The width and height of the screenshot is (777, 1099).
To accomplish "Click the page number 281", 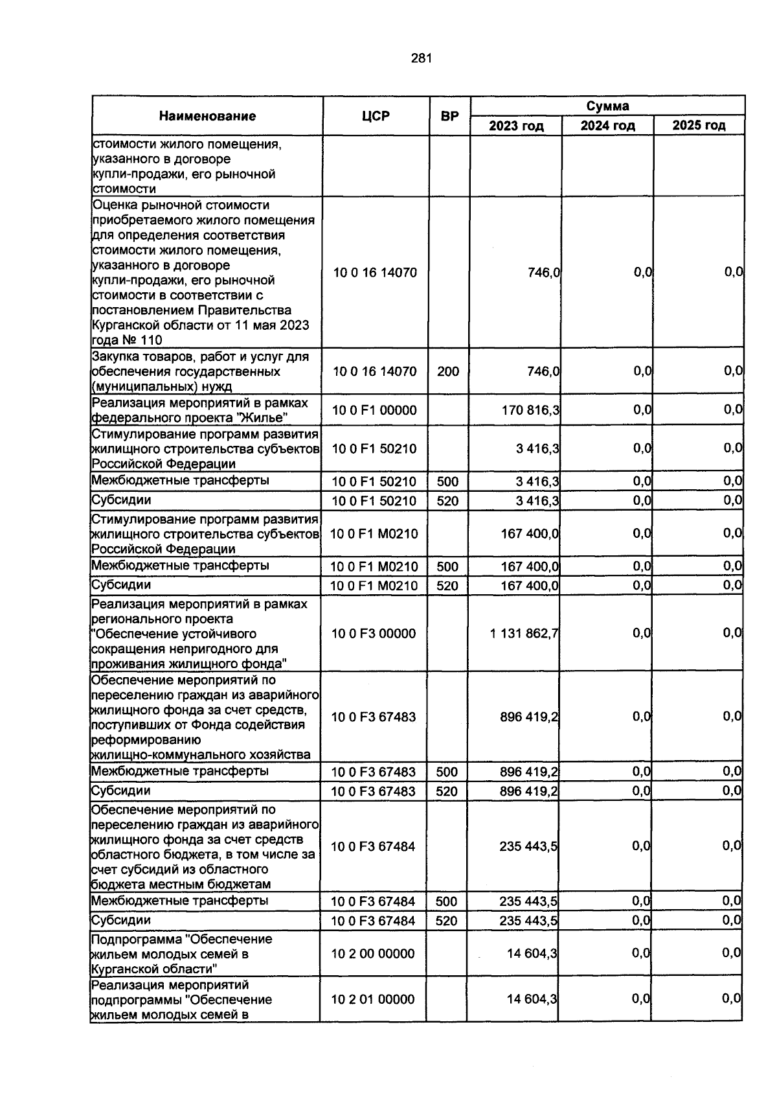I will pyautogui.click(x=421, y=59).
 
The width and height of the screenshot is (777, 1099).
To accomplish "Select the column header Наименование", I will pyautogui.click(x=207, y=117).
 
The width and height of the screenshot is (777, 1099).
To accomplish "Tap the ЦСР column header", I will pyautogui.click(x=376, y=117).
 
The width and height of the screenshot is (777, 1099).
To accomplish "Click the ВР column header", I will pyautogui.click(x=449, y=117).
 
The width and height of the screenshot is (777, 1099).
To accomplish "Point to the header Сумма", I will pyautogui.click(x=607, y=106).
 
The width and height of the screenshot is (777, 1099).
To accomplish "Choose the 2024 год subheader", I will pyautogui.click(x=607, y=126).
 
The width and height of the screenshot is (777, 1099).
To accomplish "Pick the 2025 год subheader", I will pyautogui.click(x=699, y=126).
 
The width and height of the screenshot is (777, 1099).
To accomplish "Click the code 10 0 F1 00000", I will pyautogui.click(x=374, y=410).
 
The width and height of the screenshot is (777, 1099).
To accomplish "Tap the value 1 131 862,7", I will pyautogui.click(x=524, y=634).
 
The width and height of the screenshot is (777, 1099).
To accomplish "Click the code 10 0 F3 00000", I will pyautogui.click(x=374, y=634).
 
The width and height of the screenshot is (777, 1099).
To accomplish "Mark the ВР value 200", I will pyautogui.click(x=447, y=372).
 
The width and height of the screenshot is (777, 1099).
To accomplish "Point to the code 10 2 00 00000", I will pyautogui.click(x=373, y=954).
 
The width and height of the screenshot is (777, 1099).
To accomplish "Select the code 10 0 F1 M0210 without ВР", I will pyautogui.click(x=374, y=534).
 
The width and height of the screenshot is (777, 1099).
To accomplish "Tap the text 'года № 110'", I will pyautogui.click(x=127, y=340).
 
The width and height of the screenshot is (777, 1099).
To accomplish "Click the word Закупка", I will pyautogui.click(x=115, y=357).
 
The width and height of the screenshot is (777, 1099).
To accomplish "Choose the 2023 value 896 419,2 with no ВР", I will pyautogui.click(x=529, y=717).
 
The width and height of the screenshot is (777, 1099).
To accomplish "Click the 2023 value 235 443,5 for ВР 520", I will pyautogui.click(x=529, y=921).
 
